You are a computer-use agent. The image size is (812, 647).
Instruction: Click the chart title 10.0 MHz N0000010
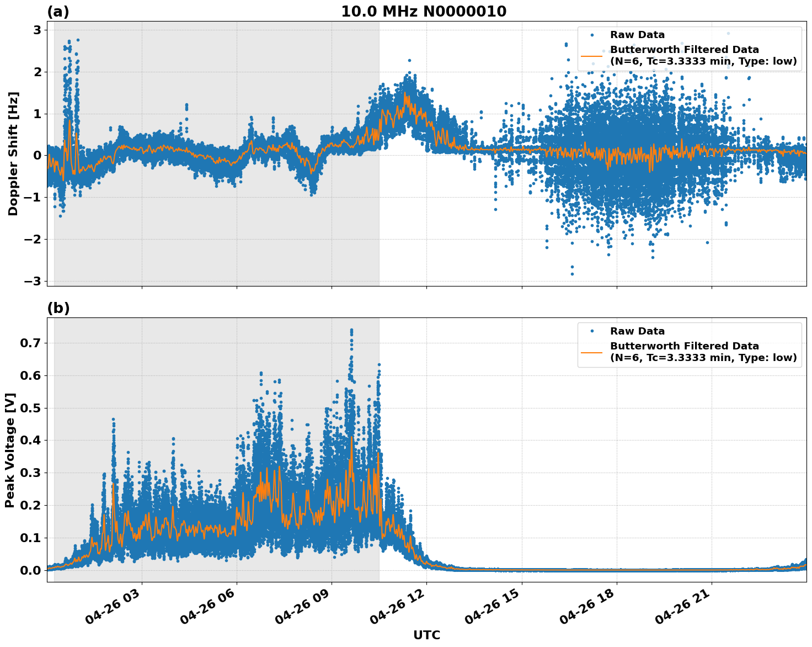[423, 12]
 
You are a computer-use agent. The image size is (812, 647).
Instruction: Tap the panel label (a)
[58, 12]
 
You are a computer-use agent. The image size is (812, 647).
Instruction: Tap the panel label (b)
[58, 309]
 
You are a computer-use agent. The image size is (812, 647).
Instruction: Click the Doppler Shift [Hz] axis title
[13, 153]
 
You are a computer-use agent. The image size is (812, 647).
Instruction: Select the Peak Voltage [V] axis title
[10, 450]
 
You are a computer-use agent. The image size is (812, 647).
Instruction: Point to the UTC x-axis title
[426, 635]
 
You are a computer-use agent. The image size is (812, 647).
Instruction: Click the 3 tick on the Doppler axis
[38, 30]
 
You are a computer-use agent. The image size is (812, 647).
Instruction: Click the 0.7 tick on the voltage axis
[31, 343]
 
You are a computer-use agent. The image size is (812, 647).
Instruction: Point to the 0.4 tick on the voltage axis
[31, 441]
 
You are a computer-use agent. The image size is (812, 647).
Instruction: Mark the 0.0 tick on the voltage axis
[31, 570]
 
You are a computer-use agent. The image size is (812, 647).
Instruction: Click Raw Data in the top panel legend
[637, 35]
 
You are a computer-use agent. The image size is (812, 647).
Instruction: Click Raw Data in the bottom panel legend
[637, 331]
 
